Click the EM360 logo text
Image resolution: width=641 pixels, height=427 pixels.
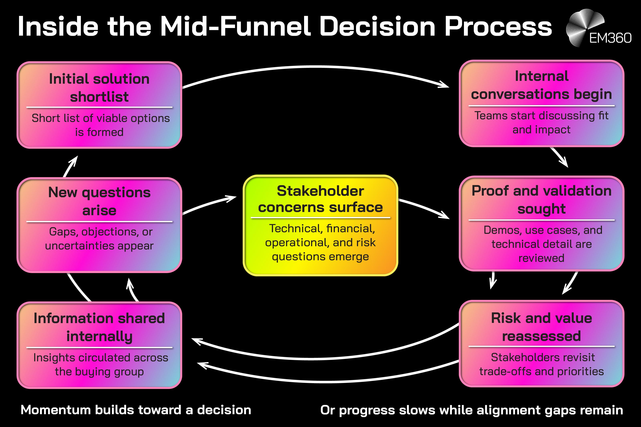(610, 38)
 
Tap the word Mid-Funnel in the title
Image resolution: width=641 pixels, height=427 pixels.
(235, 26)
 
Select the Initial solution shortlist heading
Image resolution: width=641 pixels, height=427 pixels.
(99, 88)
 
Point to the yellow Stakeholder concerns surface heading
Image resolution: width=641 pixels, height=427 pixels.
(320, 199)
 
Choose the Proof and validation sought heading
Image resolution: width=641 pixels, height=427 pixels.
(541, 200)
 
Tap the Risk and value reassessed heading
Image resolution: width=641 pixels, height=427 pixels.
(541, 327)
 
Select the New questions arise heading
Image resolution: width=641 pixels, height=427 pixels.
(99, 201)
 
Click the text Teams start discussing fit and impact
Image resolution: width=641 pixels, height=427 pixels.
(541, 123)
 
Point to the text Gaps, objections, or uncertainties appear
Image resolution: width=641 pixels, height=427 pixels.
(99, 239)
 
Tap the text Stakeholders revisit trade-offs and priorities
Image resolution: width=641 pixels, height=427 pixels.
(541, 364)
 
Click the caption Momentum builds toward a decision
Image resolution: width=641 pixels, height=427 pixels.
(136, 410)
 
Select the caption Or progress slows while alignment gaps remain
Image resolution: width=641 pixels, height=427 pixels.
(472, 410)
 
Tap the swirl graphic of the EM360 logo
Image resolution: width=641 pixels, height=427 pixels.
(583, 26)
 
